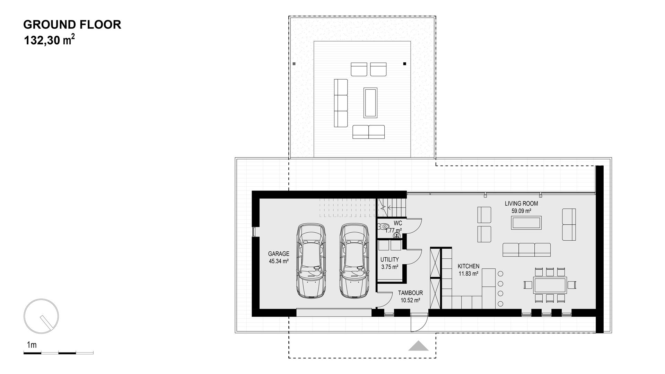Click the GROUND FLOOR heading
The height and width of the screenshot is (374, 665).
[x=72, y=25]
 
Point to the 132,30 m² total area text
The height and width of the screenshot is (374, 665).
[x=49, y=41]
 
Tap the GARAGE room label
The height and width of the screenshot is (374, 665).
[x=279, y=254]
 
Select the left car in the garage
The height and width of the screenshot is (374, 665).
[x=312, y=261]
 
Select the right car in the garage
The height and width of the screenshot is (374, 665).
[x=354, y=261]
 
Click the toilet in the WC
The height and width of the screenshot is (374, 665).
[x=383, y=227]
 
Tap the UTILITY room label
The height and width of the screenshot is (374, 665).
[x=390, y=259]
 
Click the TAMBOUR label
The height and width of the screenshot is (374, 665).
[x=410, y=293]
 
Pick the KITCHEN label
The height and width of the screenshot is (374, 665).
[x=469, y=266]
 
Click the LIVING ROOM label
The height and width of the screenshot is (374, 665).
[x=521, y=204]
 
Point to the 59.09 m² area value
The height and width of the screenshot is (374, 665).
[x=522, y=211]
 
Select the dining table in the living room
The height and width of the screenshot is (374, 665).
[x=550, y=285]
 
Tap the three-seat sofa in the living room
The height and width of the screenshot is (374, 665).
[x=526, y=250]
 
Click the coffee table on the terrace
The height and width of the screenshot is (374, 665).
[x=370, y=103]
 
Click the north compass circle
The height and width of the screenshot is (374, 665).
[x=41, y=316]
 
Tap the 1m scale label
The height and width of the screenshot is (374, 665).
[x=32, y=345]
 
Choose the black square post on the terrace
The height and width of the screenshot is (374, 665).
[x=404, y=64]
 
